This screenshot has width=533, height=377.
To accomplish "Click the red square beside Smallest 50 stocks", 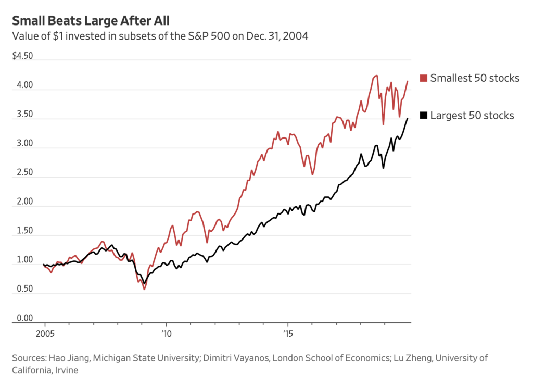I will click(423, 79).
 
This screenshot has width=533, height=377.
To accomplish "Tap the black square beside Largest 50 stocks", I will click(423, 116).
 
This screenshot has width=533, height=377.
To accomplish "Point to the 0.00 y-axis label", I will click(22, 319).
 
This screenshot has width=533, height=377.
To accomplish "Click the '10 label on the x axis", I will click(166, 332).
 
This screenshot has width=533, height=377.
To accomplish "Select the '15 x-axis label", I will click(287, 332).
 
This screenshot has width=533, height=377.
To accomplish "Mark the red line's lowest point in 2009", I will click(144, 289).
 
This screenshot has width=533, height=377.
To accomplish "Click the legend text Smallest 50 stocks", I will click(475, 79).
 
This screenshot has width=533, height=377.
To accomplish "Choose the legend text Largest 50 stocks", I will click(472, 116).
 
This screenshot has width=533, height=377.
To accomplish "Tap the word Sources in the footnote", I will click(28, 358).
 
